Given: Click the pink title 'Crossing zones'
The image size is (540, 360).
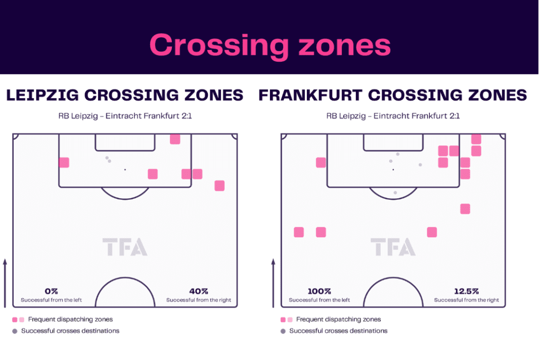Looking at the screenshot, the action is point(270,45).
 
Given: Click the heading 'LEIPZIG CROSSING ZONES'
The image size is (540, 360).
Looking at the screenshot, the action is point(124,95).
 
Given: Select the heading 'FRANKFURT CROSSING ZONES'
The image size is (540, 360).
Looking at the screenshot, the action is point(392,95).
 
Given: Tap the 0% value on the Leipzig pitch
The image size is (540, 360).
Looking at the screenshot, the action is point(51,291).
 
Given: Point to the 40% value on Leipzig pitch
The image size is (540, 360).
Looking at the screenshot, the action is point(199,291).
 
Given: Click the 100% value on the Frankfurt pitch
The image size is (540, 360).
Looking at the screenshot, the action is point(319,291).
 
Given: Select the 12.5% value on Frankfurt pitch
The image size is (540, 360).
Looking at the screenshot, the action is point(466,291).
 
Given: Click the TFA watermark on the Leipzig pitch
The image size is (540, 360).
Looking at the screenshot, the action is point(124,247).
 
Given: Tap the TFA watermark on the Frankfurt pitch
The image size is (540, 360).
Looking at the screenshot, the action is point(393,247).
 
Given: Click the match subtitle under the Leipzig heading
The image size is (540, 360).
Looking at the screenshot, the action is point(125,116).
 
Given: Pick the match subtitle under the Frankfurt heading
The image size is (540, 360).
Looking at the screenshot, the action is point(393,116).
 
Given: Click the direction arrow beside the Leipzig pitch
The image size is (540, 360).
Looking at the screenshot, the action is point(5,283).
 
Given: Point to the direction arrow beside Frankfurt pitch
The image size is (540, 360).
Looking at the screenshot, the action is point(273,283).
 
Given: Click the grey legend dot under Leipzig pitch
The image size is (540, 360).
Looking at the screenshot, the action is point(15,331).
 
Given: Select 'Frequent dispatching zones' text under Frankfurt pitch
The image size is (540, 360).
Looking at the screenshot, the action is point(339,319).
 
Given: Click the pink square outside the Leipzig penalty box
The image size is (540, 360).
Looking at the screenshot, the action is point(219,186).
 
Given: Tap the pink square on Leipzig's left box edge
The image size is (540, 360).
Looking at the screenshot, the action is point(64,162).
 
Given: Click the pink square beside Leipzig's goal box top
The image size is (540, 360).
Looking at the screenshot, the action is point(175,139).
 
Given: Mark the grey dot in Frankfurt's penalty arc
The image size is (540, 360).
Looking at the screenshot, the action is point(395,193).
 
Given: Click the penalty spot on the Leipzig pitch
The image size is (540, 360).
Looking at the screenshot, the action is point(125,170).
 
